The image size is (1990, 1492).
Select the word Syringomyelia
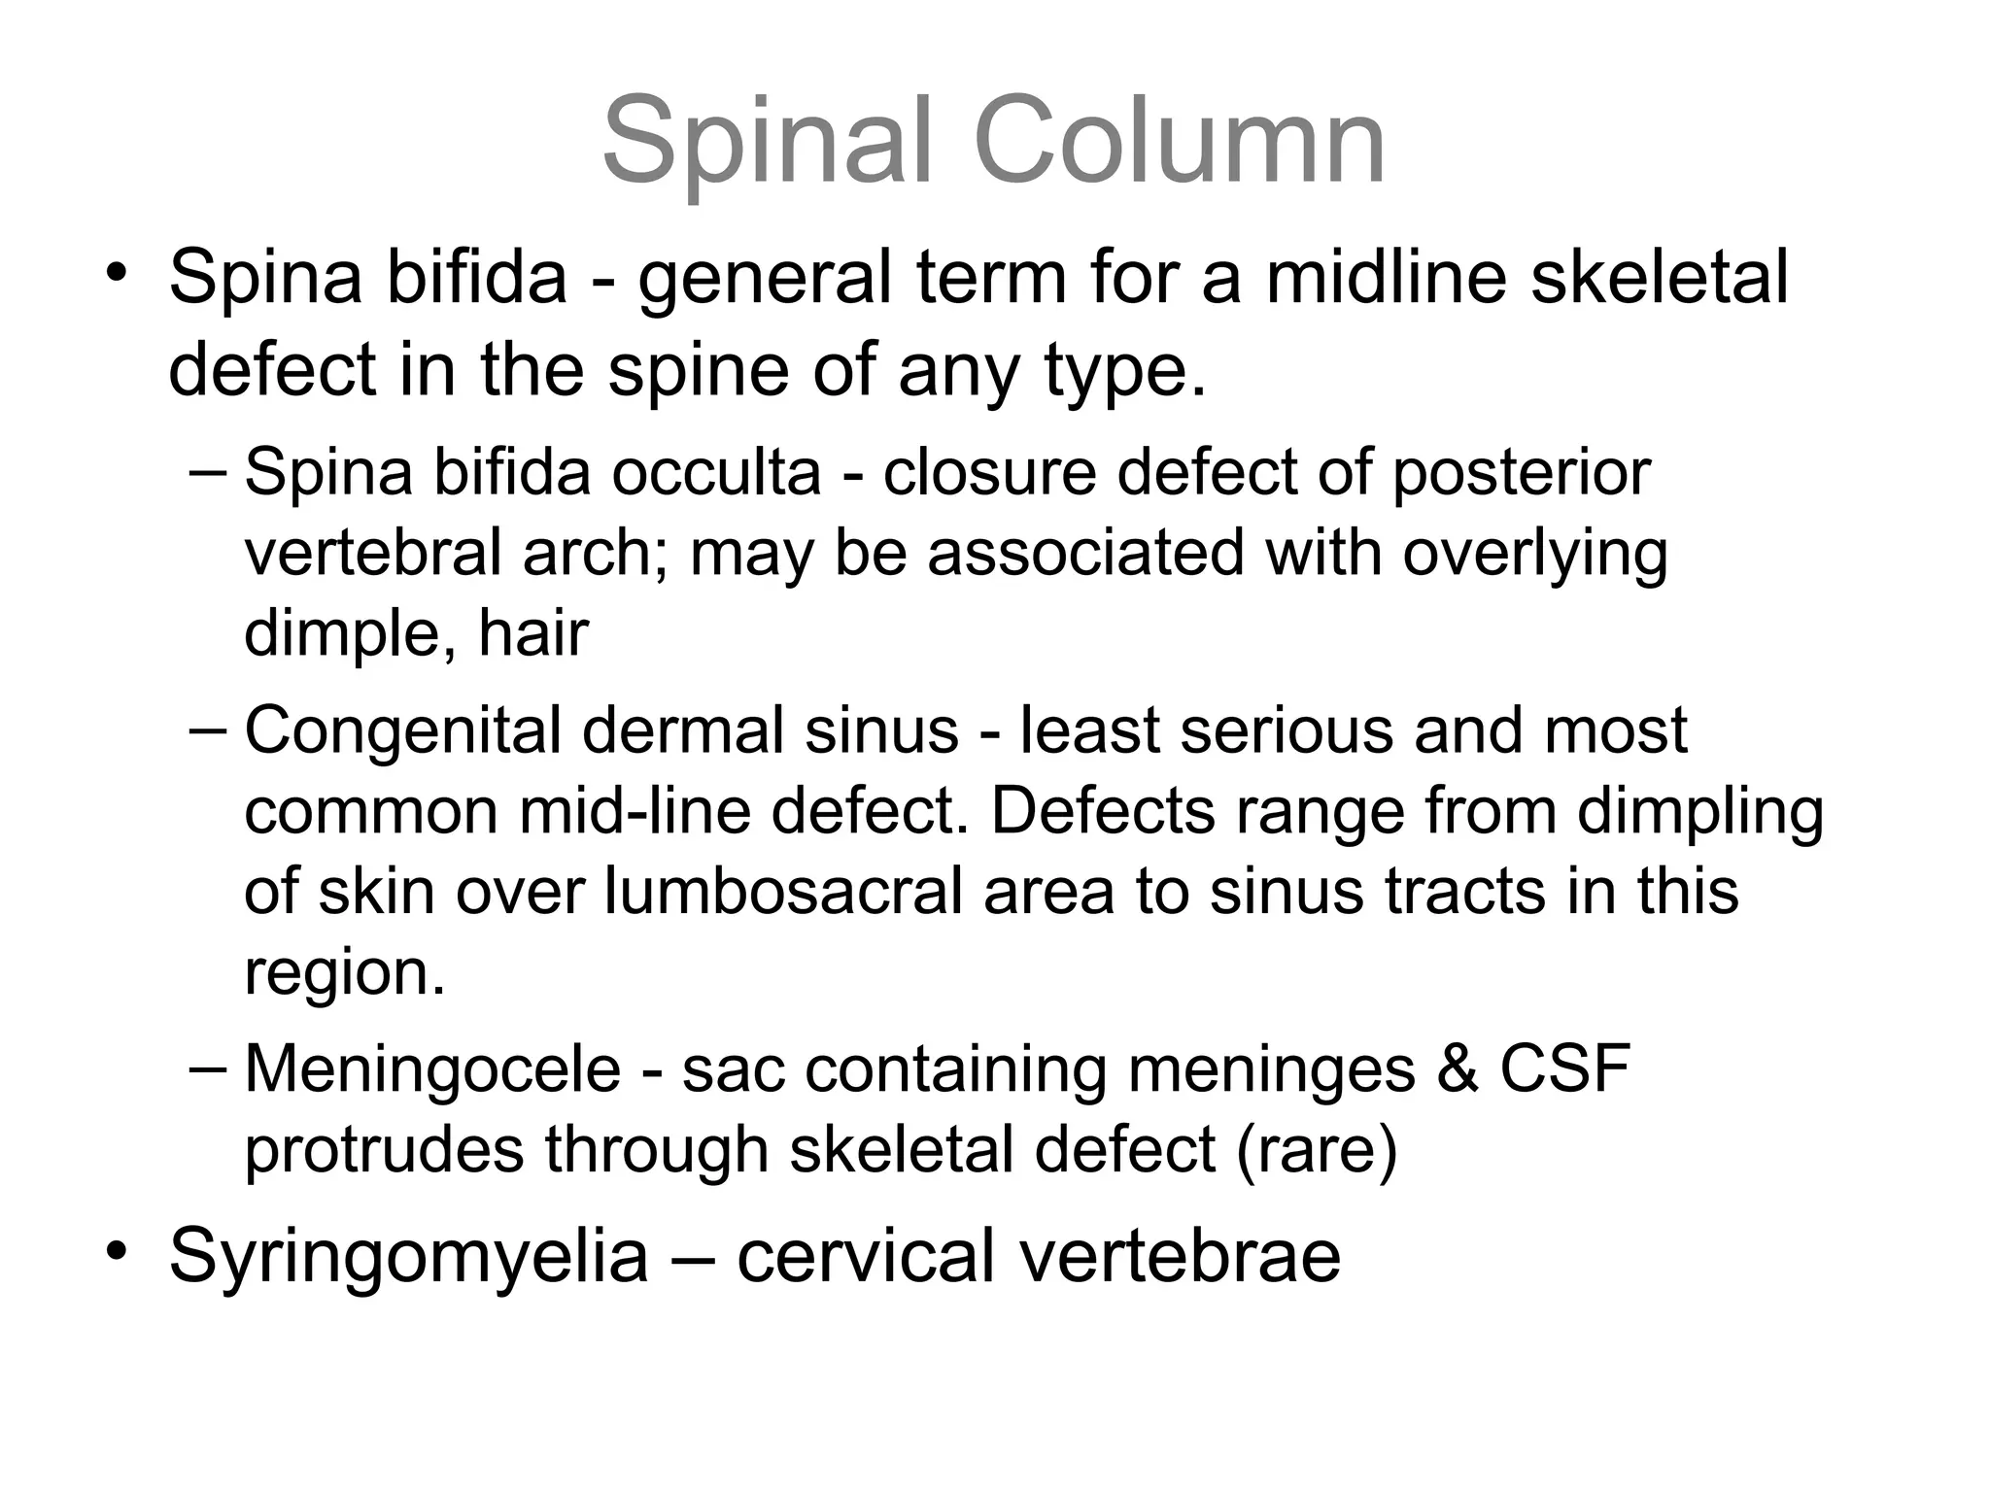408,1257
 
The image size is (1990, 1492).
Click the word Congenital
401,731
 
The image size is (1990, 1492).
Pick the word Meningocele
432,1069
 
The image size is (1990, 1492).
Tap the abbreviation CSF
1564,1068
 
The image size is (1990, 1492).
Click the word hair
533,634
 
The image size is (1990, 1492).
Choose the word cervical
864,1257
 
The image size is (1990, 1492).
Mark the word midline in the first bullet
1386,279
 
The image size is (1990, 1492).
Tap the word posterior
1522,473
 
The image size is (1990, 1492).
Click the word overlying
1535,555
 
